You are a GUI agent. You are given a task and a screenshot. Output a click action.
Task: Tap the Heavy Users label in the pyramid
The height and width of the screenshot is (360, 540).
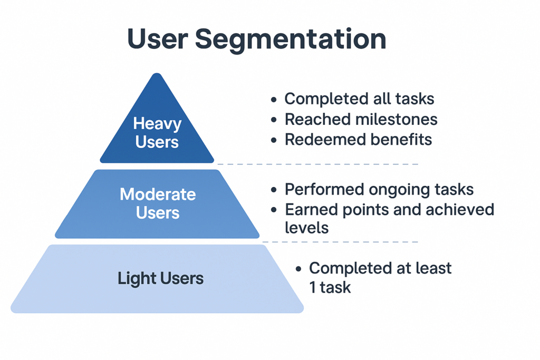tap(157, 133)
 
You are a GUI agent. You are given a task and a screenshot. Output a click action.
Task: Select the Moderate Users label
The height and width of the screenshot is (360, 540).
tap(158, 203)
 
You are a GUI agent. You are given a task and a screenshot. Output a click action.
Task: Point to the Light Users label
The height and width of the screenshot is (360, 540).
tap(160, 278)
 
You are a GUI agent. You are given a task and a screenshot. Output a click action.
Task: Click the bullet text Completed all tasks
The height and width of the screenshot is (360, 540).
tap(359, 99)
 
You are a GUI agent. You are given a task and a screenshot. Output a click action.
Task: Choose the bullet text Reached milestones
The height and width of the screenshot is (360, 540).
tap(361, 119)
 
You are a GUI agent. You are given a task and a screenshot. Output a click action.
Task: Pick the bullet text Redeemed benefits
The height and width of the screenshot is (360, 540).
tap(358, 139)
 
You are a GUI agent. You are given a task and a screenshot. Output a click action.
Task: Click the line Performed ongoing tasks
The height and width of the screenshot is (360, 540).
tap(379, 189)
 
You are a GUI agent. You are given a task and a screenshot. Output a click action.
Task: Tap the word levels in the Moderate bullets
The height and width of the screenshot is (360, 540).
tap(307, 228)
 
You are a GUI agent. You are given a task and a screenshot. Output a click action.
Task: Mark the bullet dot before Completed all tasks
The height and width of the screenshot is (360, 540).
tap(273, 100)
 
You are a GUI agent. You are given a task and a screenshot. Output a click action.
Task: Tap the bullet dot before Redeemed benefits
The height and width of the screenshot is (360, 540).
tap(273, 140)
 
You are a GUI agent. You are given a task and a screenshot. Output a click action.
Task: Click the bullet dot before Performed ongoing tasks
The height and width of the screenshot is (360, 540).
tap(273, 190)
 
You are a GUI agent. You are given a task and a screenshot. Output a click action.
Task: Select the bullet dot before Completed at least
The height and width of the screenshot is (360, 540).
tap(298, 269)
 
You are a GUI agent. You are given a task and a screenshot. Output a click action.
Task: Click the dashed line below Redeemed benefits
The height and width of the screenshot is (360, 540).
tap(316, 164)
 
